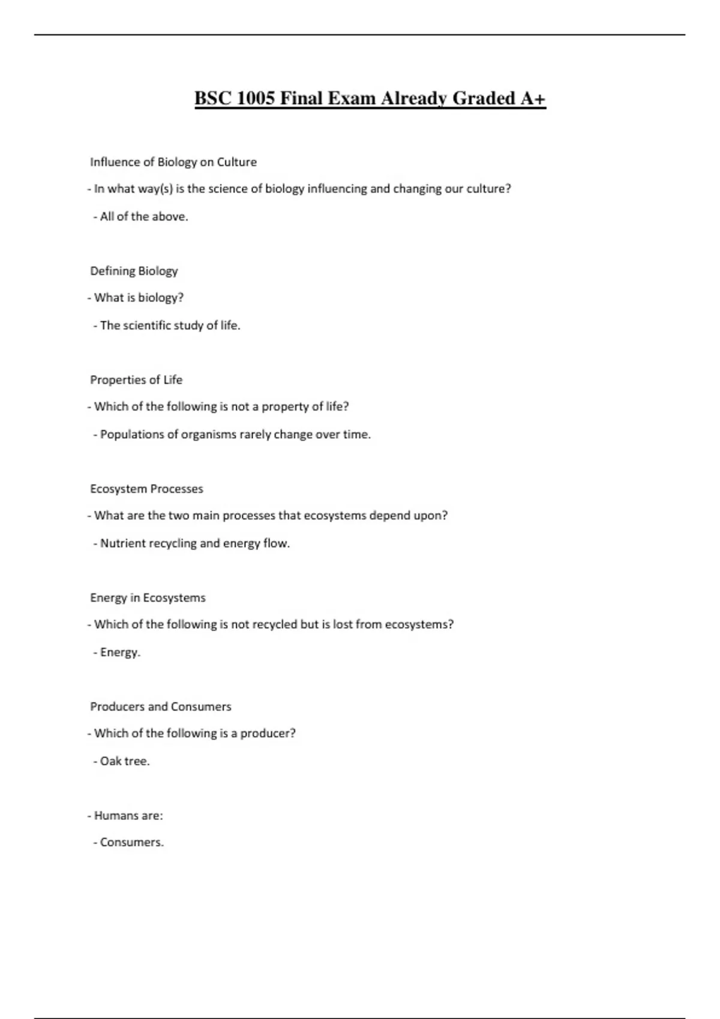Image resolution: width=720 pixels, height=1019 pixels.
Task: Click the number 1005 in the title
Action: (256, 98)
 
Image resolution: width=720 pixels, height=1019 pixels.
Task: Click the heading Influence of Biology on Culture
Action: (173, 162)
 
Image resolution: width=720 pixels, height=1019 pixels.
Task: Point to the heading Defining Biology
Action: (134, 271)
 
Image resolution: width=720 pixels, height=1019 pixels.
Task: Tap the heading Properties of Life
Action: (136, 380)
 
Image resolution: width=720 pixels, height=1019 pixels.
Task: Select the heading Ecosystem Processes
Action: (146, 489)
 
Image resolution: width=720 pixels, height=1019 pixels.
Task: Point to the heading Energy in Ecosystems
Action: (148, 598)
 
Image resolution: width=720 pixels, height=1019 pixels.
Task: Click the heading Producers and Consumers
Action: (161, 707)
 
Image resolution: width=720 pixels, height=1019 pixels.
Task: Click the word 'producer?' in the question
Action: (268, 734)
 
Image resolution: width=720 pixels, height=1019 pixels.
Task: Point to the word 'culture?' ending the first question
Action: (488, 189)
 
